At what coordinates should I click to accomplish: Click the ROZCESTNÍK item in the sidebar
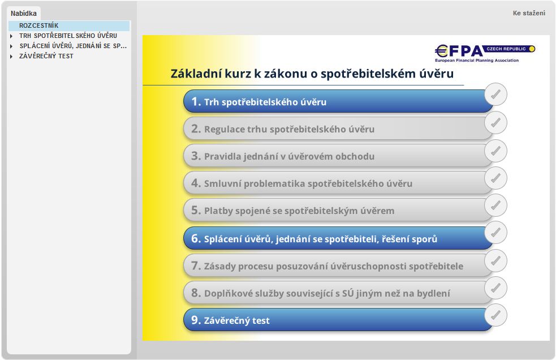coord(38,25)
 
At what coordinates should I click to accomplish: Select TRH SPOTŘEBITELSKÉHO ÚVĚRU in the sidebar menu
coord(68,36)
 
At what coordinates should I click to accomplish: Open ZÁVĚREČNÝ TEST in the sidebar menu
coord(46,56)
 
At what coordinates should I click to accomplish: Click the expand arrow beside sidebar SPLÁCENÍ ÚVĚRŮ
coord(11,46)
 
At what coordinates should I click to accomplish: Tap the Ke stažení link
coord(529,13)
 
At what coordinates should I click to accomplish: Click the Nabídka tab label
coord(23,14)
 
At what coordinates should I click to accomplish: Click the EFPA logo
coord(485,53)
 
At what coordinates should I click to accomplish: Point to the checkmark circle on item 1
coord(495,95)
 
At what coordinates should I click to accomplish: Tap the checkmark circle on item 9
coord(495,315)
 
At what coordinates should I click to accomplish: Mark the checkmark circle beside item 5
coord(495,205)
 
